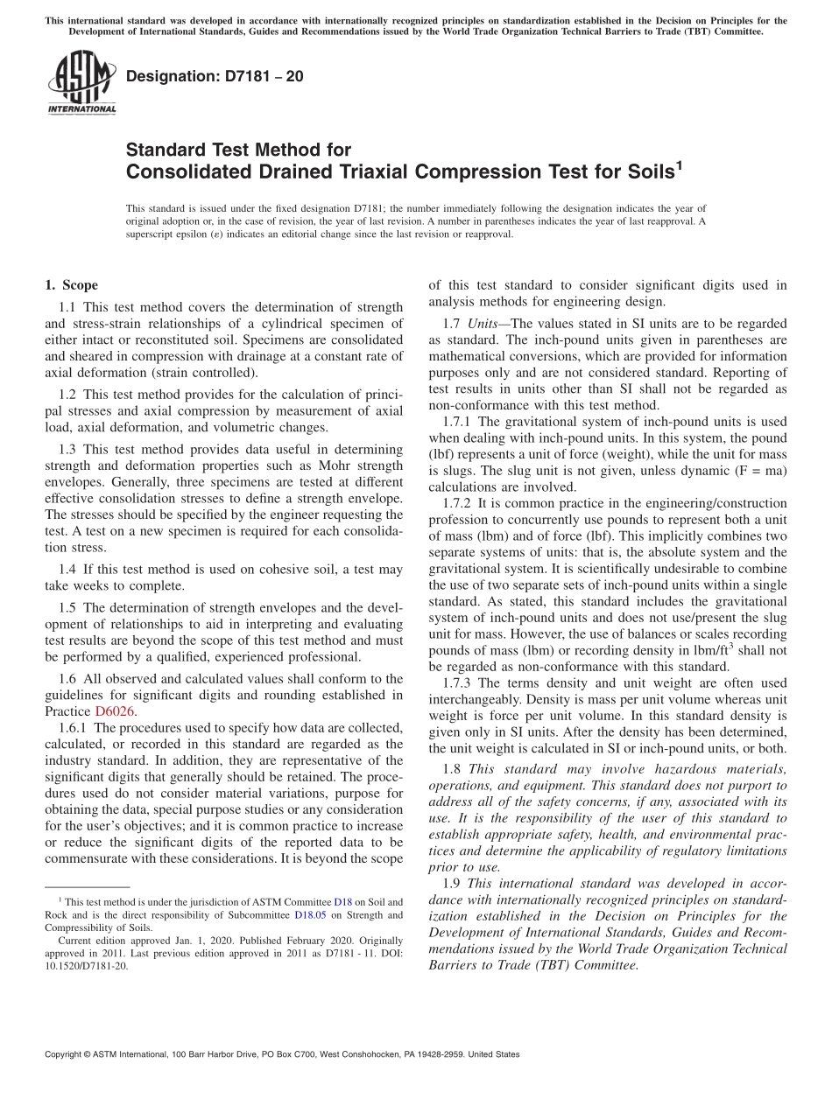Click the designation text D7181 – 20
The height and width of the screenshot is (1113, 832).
(215, 76)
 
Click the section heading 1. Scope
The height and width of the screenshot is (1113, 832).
(71, 285)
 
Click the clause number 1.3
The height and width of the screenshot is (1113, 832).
(68, 448)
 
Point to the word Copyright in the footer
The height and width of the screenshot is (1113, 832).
(66, 1054)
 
